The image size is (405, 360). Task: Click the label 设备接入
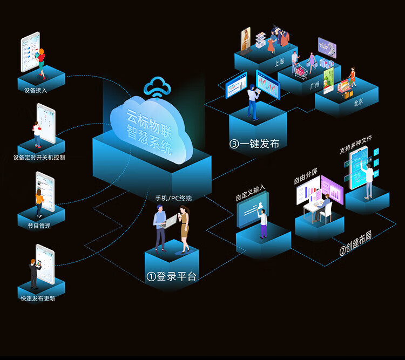pos(36,90)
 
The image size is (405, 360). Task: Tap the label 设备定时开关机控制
pos(39,157)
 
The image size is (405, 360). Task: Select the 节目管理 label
pos(39,226)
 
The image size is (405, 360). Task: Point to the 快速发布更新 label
pos(38,298)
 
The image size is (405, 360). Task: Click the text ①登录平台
pos(171,276)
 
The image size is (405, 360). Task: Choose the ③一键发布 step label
pos(254,144)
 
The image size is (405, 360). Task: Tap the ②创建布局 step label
pos(356,243)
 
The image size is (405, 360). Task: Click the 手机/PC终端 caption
pos(173,198)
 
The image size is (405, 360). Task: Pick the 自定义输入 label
pos(250,193)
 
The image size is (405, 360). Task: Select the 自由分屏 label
pos(306,176)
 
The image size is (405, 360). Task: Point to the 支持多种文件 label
pos(356,145)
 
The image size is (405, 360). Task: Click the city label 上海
pos(279,62)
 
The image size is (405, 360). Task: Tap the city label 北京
pos(358,102)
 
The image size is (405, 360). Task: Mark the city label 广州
pos(315,85)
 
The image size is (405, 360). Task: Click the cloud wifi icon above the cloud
pos(157,87)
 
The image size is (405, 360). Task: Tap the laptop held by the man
pos(169,222)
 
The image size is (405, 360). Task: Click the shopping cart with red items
pos(300,71)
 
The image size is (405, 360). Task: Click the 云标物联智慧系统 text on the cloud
pos(149,132)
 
